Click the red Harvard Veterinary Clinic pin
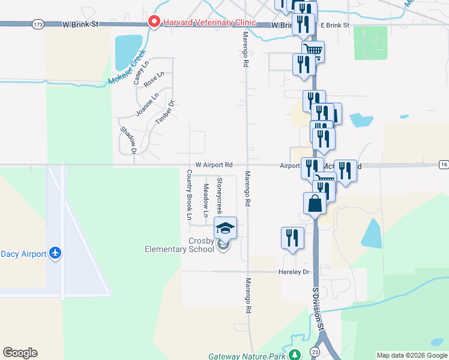[154, 22]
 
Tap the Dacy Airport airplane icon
[55, 253]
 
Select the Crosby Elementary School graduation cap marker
[226, 228]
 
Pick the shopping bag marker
[315, 203]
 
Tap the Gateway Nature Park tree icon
[295, 355]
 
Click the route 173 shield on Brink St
[38, 25]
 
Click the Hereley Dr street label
[293, 272]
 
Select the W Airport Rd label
[214, 165]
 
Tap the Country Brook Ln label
[189, 194]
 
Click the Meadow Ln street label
[205, 200]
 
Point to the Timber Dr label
[164, 112]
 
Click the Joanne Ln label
[147, 103]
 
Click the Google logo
[20, 353]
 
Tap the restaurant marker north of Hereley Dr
[292, 237]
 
